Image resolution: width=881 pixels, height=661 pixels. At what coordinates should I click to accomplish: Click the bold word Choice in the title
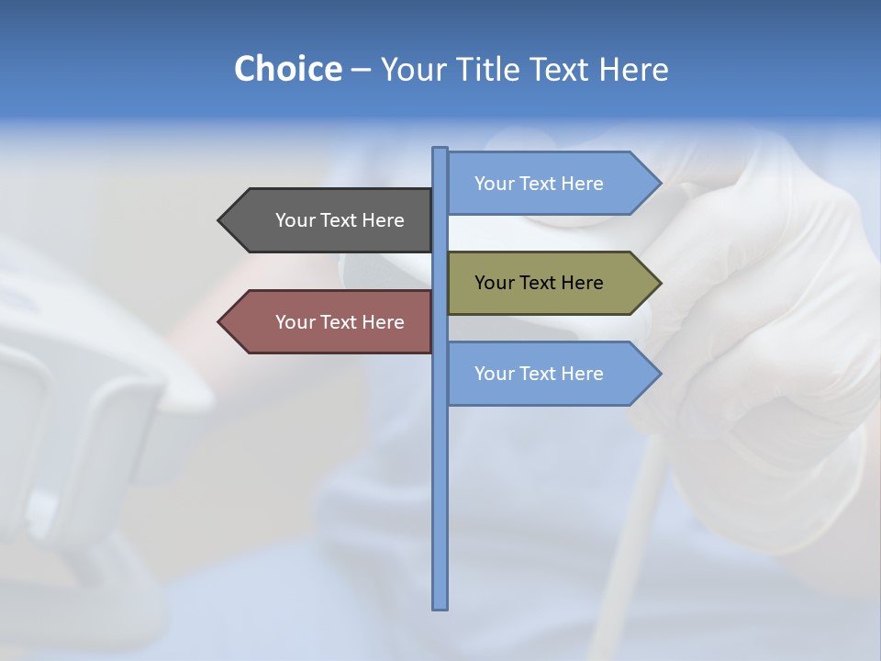click(287, 69)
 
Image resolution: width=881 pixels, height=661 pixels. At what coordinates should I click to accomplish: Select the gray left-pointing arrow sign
click(326, 220)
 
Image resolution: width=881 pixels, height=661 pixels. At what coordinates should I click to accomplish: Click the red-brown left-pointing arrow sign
click(326, 322)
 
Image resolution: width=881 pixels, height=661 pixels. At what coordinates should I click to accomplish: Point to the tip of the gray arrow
click(219, 220)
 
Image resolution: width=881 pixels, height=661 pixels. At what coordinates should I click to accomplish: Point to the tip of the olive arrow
click(660, 283)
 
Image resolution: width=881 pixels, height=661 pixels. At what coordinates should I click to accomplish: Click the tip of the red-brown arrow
click(219, 322)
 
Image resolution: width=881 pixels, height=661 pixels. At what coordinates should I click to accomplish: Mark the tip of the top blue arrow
click(660, 184)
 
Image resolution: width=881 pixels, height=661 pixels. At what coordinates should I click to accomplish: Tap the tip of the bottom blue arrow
click(660, 374)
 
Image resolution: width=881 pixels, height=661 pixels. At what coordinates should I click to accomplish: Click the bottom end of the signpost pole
click(440, 607)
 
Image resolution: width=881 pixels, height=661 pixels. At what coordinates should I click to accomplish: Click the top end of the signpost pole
click(440, 150)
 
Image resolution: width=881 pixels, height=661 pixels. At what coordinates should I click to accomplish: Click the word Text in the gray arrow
click(340, 220)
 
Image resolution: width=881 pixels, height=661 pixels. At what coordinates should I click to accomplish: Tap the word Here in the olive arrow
click(581, 283)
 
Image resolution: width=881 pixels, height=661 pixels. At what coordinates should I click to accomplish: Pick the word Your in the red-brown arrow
click(296, 322)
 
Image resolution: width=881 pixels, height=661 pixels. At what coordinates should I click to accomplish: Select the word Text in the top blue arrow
click(539, 184)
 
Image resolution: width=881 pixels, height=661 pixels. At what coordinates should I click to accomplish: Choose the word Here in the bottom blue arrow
click(581, 374)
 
